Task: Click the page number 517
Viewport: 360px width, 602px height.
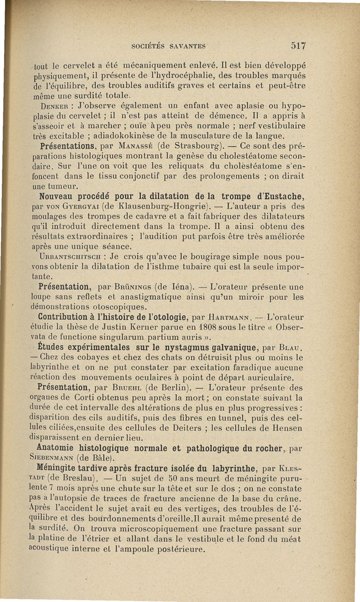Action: [298, 45]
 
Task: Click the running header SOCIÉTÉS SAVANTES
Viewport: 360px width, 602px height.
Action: [169, 45]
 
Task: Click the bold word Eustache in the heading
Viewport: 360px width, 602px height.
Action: [283, 196]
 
